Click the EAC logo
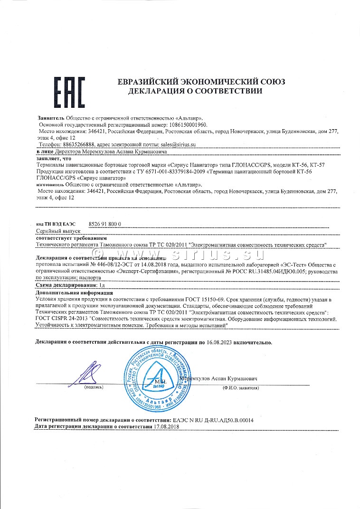point(68,93)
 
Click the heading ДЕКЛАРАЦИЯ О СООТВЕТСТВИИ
point(195,91)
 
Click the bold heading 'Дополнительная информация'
point(69,293)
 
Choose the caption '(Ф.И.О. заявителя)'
point(240,388)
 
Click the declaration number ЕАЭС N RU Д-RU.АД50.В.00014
point(213,421)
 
